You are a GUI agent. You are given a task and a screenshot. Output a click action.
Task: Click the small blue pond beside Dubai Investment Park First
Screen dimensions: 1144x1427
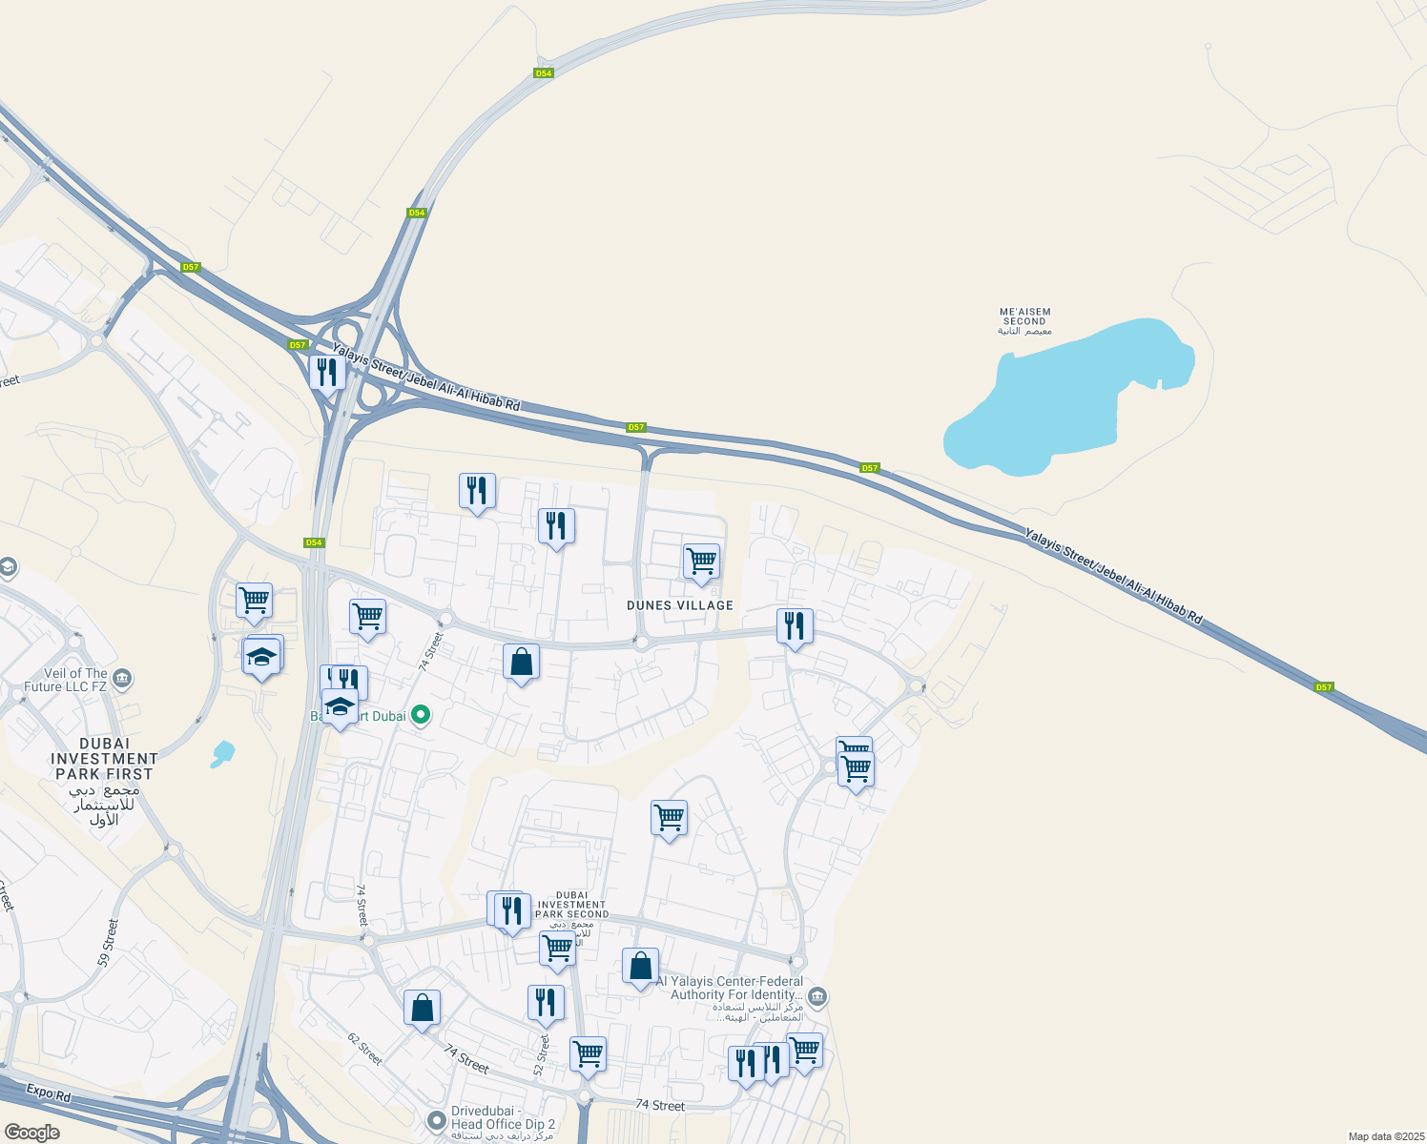point(223,754)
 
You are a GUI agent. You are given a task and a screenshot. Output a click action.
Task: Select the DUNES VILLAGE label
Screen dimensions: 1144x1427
point(680,605)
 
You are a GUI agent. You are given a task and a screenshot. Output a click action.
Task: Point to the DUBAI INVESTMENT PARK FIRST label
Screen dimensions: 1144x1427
point(104,759)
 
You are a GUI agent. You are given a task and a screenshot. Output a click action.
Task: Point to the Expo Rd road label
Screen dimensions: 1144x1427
point(49,1093)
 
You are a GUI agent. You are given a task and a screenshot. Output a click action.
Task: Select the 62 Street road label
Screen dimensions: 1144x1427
point(364,1049)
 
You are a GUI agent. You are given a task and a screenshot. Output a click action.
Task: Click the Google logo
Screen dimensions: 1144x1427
point(31,1133)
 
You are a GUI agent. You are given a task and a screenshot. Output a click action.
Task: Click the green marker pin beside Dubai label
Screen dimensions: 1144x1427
point(421,715)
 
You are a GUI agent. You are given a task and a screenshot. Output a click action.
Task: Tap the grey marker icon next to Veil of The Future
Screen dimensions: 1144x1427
point(121,679)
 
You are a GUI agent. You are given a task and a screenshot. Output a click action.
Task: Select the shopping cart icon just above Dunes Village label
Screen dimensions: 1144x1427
point(701,562)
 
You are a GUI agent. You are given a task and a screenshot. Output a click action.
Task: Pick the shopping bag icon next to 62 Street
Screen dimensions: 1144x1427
point(422,1008)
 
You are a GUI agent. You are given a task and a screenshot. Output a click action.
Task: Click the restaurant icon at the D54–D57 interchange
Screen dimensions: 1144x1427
point(327,371)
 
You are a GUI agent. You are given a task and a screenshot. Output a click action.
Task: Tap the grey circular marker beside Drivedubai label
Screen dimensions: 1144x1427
point(437,1119)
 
